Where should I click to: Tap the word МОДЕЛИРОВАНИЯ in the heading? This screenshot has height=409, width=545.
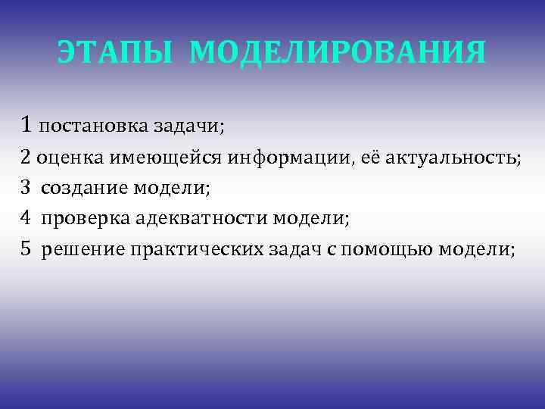click(x=338, y=53)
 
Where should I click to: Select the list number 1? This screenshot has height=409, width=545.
click(x=27, y=124)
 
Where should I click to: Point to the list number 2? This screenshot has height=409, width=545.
click(x=26, y=158)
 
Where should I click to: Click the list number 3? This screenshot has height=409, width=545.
click(x=26, y=188)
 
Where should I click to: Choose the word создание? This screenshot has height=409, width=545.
click(x=83, y=189)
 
